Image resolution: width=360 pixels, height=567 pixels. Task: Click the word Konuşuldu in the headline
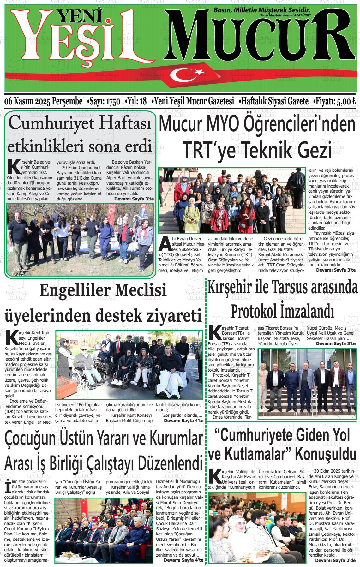pyautogui.click(x=325, y=455)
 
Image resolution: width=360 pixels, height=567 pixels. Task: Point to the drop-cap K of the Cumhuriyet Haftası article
pyautogui.click(x=13, y=167)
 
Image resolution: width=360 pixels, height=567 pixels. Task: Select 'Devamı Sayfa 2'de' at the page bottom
pyautogui.click(x=335, y=560)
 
